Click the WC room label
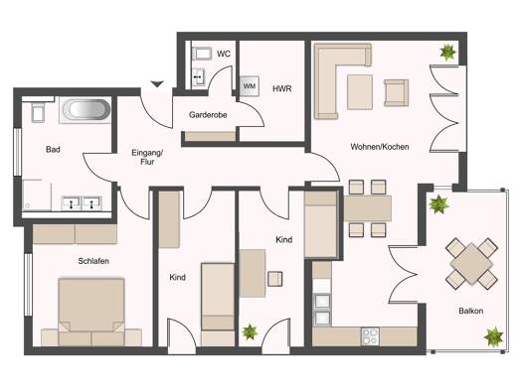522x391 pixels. [224, 54]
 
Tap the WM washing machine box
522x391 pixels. [250, 86]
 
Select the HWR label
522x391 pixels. [282, 88]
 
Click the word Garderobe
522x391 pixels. [208, 115]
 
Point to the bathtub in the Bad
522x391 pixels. [86, 109]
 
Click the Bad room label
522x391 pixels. [53, 150]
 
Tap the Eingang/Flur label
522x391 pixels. [147, 157]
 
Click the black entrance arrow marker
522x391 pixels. [157, 84]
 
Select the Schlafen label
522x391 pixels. [93, 261]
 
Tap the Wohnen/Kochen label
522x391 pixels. [380, 147]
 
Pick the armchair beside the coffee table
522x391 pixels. [396, 92]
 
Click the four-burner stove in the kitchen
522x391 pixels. [370, 336]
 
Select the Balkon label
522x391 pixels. [470, 312]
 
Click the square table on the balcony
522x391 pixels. [471, 263]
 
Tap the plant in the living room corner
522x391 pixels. [447, 53]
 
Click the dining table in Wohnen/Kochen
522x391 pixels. [367, 208]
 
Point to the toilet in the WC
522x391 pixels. [202, 54]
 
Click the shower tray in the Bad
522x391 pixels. [37, 195]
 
